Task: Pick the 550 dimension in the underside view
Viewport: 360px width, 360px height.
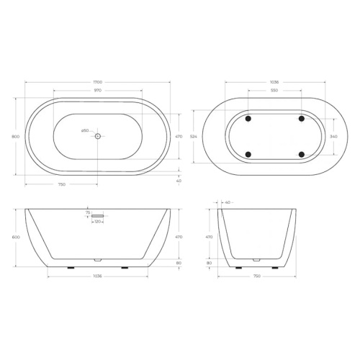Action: coord(274,90)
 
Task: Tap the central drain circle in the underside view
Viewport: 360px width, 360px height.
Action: coord(274,136)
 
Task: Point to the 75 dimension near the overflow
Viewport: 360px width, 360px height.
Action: coord(88,213)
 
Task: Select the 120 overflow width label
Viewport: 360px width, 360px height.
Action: coord(97,222)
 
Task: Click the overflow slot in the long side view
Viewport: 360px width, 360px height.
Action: coord(98,215)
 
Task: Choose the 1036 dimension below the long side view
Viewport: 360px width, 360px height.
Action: coord(96,276)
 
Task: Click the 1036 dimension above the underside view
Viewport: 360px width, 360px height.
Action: coord(274,83)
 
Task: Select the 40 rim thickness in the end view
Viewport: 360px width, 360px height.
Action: coord(228,202)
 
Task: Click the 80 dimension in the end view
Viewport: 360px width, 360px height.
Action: coord(209,263)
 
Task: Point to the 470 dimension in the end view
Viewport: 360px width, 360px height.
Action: coord(209,236)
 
